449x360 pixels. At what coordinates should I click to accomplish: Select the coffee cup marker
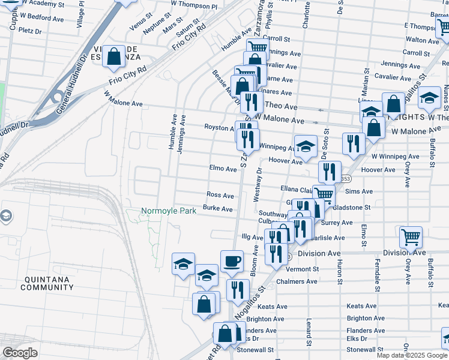pyautogui.click(x=232, y=261)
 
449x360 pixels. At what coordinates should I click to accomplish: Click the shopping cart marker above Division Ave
pyautogui.click(x=411, y=236)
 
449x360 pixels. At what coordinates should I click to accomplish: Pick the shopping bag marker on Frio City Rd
pyautogui.click(x=113, y=57)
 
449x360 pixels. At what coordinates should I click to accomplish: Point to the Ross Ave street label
pyautogui.click(x=220, y=196)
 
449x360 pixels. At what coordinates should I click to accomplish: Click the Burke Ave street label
pyautogui.click(x=217, y=209)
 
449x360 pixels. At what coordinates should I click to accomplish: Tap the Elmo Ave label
pyautogui.click(x=223, y=169)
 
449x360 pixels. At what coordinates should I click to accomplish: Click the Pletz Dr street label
pyautogui.click(x=29, y=30)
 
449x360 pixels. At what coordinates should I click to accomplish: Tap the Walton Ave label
pyautogui.click(x=422, y=39)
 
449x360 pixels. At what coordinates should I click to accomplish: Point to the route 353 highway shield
pyautogui.click(x=345, y=179)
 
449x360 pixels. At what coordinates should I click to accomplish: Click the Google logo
pyautogui.click(x=20, y=353)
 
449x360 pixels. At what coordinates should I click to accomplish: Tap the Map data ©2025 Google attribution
pyautogui.click(x=412, y=355)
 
